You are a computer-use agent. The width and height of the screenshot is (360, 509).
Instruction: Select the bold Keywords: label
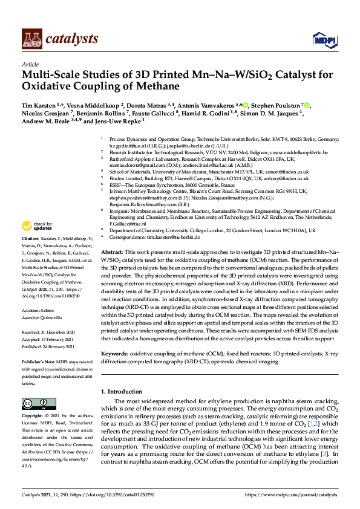(115, 352)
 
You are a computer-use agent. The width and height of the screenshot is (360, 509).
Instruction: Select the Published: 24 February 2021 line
(49, 346)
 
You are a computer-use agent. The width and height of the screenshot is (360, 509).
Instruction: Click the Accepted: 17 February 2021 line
(48, 340)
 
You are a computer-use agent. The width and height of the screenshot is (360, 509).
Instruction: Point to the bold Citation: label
(31, 239)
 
